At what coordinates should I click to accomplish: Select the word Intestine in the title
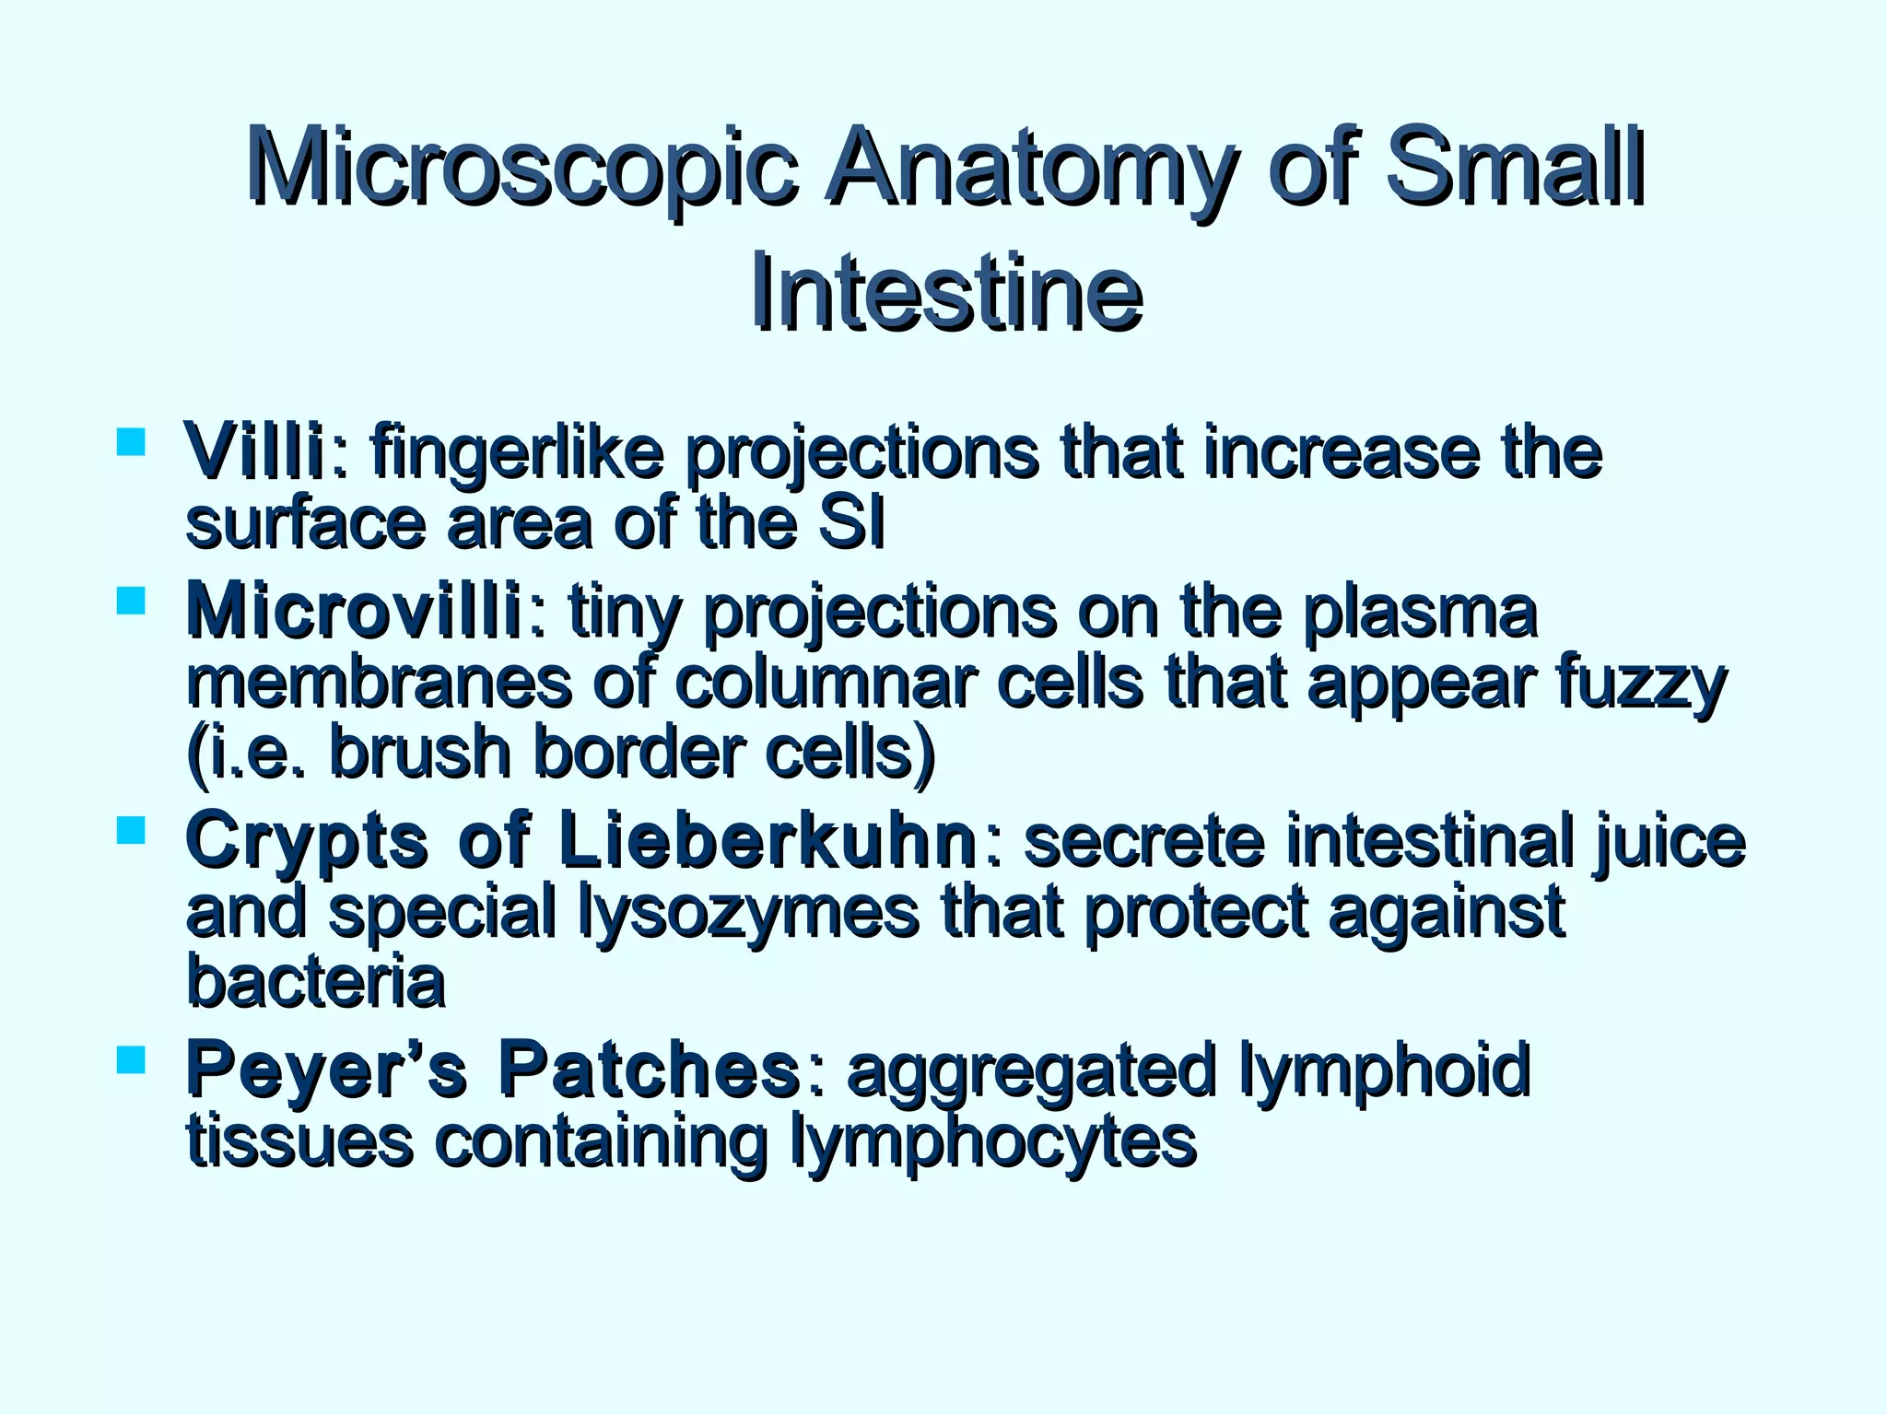[946, 294]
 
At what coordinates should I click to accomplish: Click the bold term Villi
[254, 451]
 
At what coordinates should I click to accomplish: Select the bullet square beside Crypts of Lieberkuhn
[132, 830]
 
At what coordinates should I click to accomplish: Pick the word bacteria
[316, 980]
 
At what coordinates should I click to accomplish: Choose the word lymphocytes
[992, 1142]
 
